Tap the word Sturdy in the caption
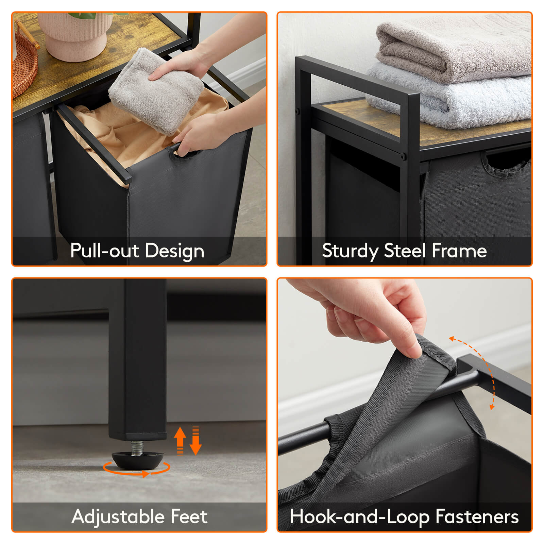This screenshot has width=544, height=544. coord(350,251)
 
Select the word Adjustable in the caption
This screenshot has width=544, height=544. coord(118,516)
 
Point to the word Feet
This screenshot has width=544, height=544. coord(189,516)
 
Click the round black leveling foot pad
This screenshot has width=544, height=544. coord(138,460)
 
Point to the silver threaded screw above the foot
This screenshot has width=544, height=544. coord(137,447)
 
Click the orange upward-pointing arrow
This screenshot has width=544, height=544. coord(180,439)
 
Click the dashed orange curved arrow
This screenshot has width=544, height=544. coord(483,367)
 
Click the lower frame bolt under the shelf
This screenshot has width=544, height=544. coord(403,156)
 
